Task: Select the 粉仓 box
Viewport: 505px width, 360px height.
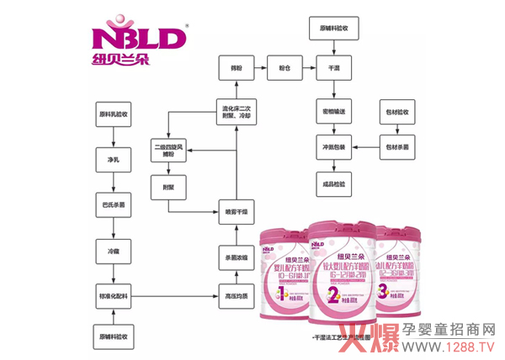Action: [x=279, y=65]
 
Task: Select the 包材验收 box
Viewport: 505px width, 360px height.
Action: [x=401, y=112]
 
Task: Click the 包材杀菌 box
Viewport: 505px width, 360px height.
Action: [x=401, y=145]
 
